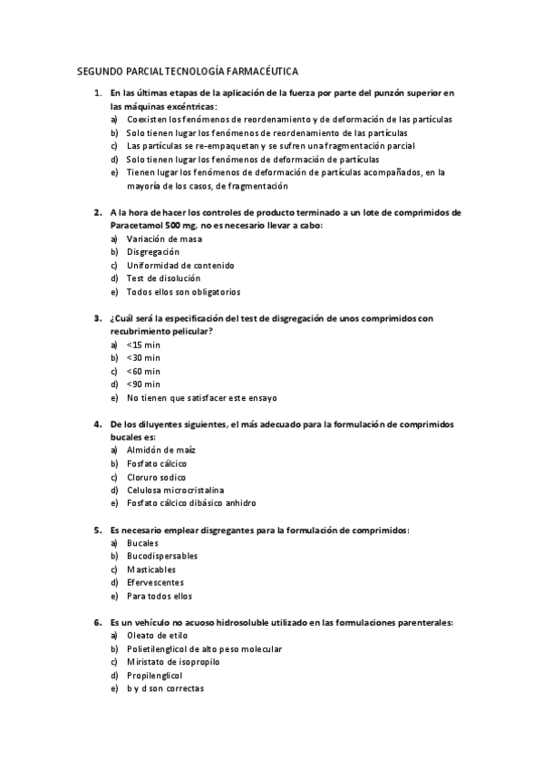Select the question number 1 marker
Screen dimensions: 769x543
(97, 92)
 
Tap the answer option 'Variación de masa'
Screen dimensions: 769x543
(164, 239)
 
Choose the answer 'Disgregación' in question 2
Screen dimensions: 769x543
(153, 252)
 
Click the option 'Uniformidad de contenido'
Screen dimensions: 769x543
(179, 266)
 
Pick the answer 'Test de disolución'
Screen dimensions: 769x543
(163, 278)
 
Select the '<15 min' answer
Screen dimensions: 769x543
(143, 345)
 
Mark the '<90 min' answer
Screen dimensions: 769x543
(143, 384)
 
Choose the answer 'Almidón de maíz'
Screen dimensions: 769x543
(161, 450)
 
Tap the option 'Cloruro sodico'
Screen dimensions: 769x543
(156, 477)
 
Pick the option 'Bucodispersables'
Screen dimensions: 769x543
(162, 556)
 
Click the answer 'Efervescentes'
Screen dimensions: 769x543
(155, 582)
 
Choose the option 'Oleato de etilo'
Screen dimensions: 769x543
(158, 636)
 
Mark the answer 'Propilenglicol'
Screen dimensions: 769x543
(154, 676)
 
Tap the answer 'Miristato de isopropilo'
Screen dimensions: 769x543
(173, 662)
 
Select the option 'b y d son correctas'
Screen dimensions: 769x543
(165, 688)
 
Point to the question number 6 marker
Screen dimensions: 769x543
(97, 622)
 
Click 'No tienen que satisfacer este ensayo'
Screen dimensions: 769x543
(201, 398)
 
